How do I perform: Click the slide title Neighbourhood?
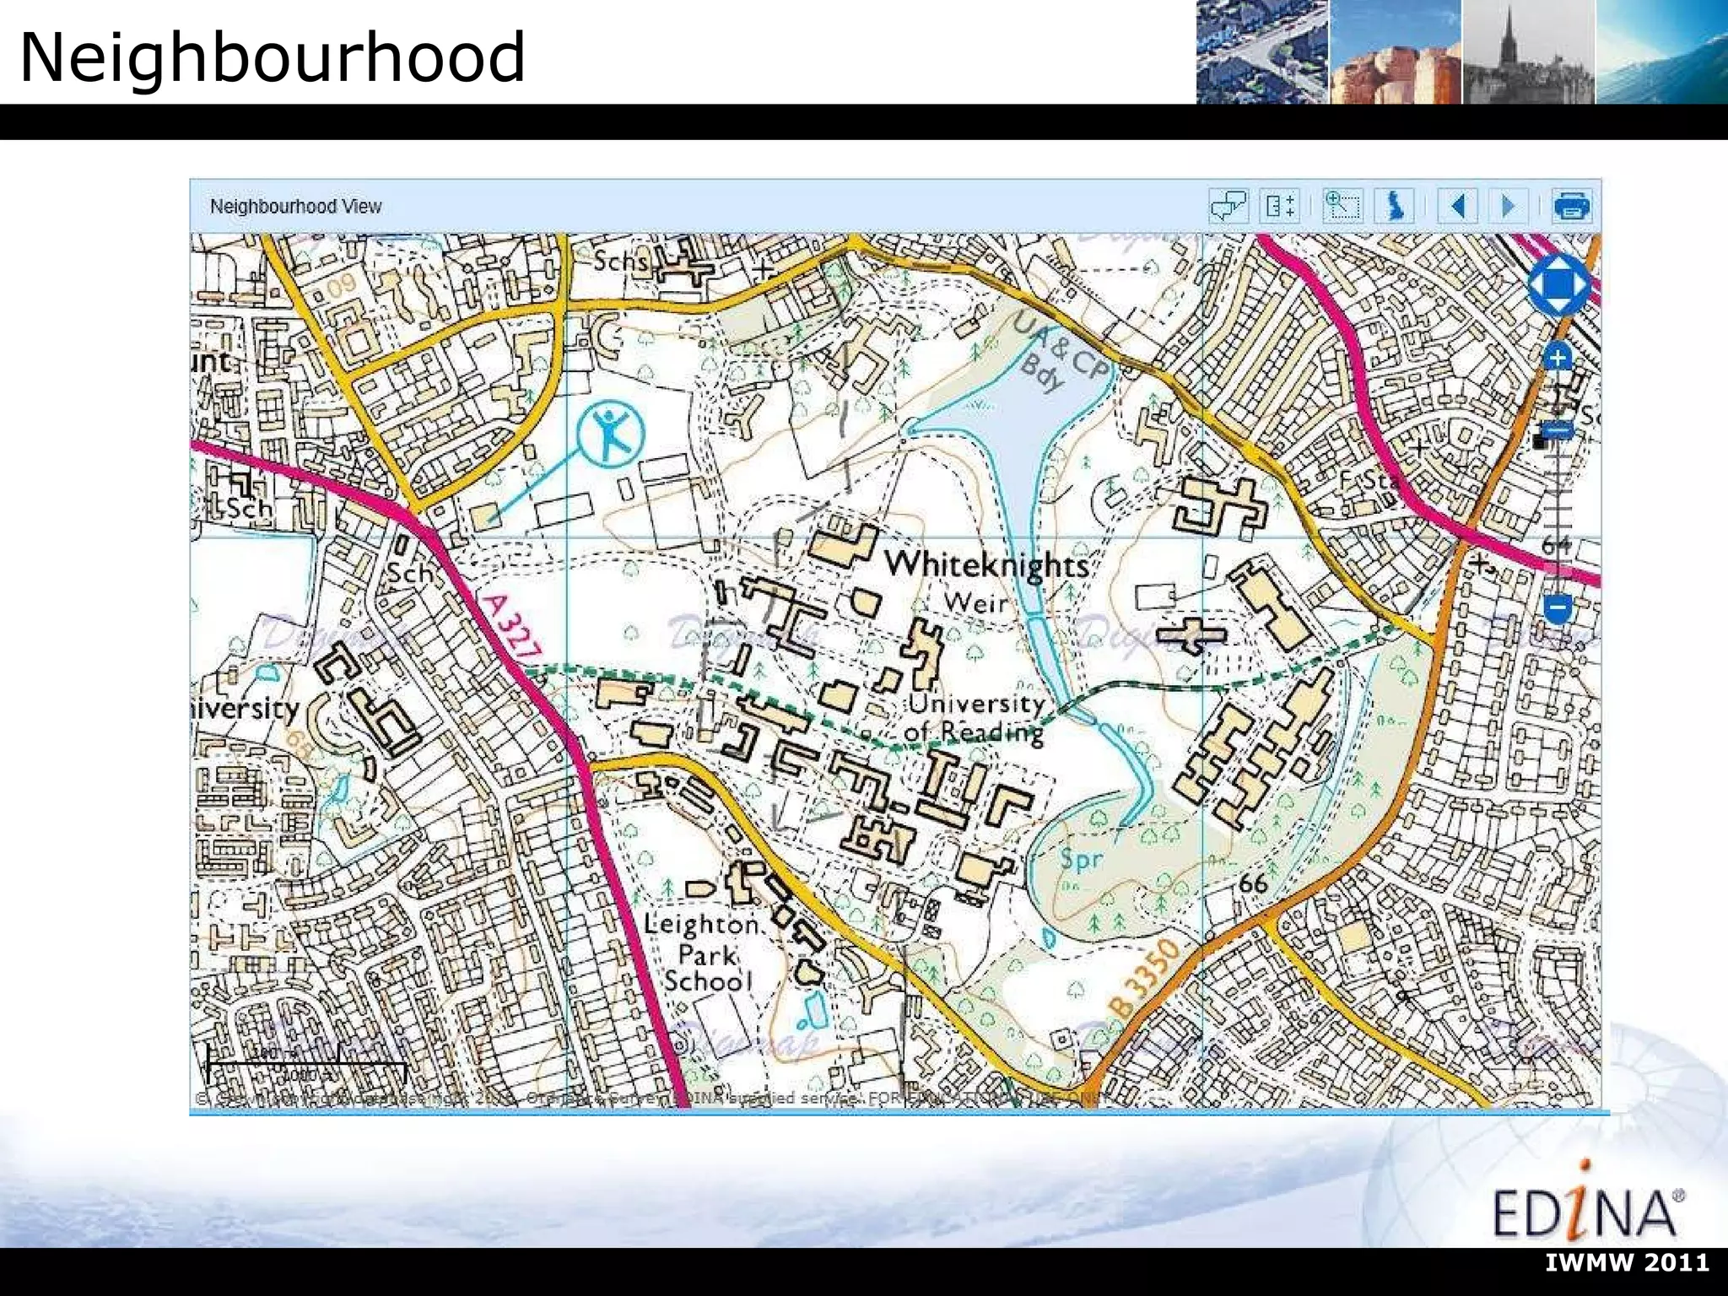click(x=272, y=57)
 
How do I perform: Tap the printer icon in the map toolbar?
click(x=1571, y=206)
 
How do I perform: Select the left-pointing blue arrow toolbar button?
click(x=1459, y=206)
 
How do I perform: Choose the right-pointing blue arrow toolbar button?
click(x=1508, y=206)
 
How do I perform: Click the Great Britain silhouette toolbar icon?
click(x=1396, y=206)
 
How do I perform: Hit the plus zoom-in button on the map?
click(x=1558, y=358)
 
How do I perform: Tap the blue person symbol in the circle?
click(x=611, y=434)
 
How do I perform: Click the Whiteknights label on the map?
click(x=986, y=564)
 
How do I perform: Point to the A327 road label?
click(x=510, y=626)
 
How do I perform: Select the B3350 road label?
click(x=1144, y=978)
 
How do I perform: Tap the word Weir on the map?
click(x=975, y=603)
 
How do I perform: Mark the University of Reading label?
click(x=976, y=717)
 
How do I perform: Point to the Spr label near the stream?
click(x=1081, y=860)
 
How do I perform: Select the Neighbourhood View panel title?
click(x=295, y=207)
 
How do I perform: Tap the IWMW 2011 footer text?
click(x=1627, y=1262)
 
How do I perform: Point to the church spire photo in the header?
click(x=1527, y=52)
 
